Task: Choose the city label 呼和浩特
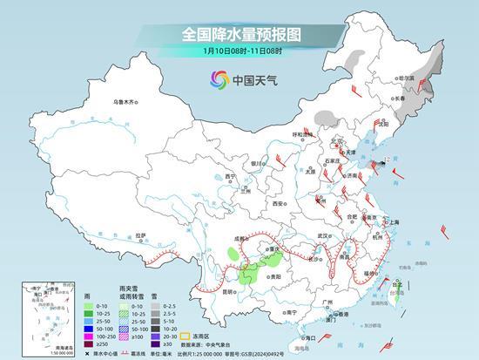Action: point(301,135)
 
